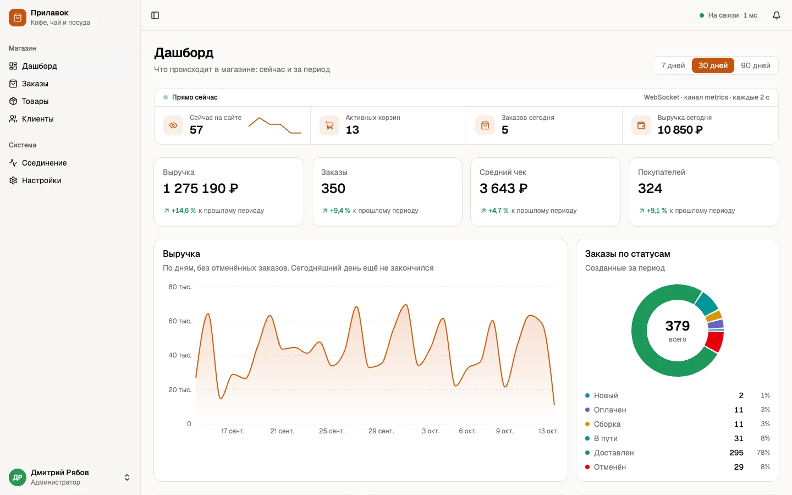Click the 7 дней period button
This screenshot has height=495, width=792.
[673, 65]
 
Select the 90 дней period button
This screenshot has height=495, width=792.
[756, 65]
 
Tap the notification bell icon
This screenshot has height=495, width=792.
[777, 15]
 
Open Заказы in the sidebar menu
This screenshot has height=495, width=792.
[35, 84]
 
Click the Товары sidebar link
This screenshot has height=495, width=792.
[35, 101]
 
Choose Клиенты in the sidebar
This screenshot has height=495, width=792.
[37, 119]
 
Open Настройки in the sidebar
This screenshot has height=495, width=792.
[41, 180]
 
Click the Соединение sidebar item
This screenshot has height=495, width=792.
[44, 163]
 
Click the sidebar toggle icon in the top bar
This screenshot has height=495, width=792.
[155, 15]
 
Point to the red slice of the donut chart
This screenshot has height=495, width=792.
[715, 341]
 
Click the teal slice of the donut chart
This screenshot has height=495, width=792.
[707, 304]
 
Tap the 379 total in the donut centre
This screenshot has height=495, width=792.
[677, 326]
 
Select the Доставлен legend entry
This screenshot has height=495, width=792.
[613, 453]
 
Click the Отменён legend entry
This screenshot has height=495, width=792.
[609, 467]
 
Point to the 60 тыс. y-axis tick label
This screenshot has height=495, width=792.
[180, 321]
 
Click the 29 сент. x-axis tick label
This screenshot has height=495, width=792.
[381, 431]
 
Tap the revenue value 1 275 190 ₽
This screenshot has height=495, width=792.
[200, 189]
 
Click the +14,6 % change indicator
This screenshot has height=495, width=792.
[180, 210]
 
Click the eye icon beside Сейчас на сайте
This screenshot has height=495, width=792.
[173, 125]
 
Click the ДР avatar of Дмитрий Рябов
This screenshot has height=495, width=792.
[18, 477]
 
